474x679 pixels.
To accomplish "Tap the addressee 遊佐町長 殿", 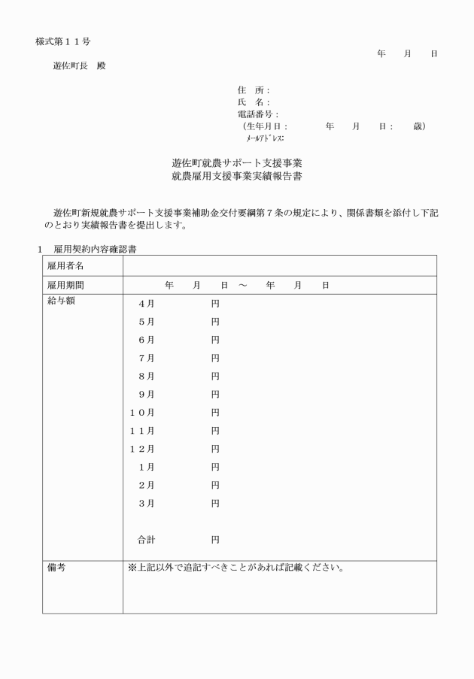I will (79, 65).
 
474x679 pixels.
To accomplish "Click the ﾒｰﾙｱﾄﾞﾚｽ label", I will (263, 138).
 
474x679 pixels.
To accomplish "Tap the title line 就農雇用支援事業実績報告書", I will (237, 177).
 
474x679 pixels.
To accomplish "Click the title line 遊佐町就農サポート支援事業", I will (237, 162).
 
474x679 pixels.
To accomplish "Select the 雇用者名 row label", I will (65, 266).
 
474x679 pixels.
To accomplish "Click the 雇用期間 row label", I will (65, 286).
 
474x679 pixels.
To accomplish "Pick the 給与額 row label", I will (61, 302).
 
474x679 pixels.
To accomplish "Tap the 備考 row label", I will (56, 568).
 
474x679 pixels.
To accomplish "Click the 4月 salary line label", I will (146, 304).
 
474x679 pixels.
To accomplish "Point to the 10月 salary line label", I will (142, 412).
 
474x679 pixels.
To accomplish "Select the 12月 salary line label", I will (142, 449).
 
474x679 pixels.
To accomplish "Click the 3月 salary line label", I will (146, 503).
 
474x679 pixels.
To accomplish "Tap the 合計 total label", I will (146, 539).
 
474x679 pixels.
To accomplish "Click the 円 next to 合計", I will (215, 539).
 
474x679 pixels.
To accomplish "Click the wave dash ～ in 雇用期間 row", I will (243, 286).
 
